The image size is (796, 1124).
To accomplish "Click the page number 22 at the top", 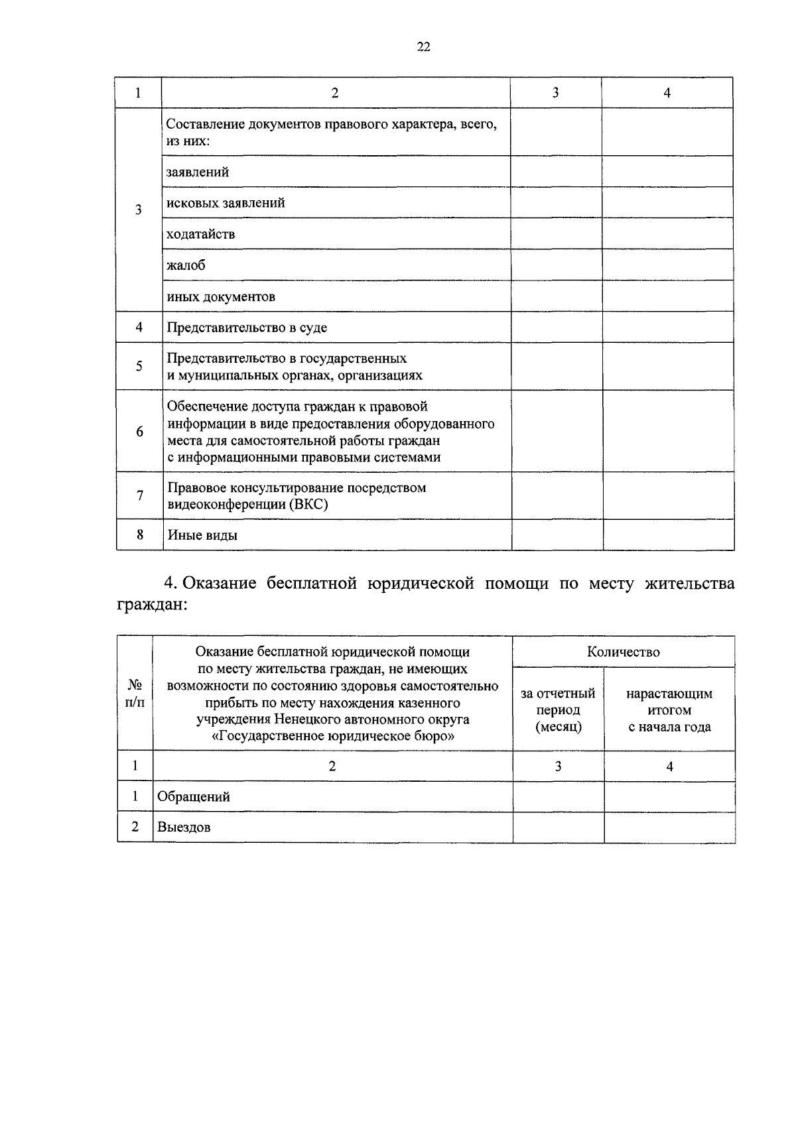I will pos(424,46).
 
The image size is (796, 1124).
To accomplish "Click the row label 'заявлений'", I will pos(198,172).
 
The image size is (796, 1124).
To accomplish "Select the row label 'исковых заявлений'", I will pos(226,203).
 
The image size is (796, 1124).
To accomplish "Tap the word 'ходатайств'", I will pos(200,234).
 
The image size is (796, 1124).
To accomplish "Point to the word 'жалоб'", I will pos(186,265).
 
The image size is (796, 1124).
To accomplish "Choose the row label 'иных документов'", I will pos(221,296).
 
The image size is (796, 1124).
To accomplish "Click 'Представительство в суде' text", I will pos(247,328).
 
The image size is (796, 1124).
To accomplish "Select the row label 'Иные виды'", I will pos(202,535).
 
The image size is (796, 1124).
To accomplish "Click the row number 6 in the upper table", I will pos(139,432).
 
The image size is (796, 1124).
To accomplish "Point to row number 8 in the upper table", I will pos(139,534).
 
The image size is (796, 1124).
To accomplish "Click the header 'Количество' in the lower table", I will pos(624,652).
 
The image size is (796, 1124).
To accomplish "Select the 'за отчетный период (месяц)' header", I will pos(558,710).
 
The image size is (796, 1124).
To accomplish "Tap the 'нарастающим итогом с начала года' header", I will pos(669,710).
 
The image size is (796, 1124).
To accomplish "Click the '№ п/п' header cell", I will pos(135,694).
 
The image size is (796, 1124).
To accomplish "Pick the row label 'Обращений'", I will pos(194,797).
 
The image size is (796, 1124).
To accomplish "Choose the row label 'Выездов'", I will pos(184,828).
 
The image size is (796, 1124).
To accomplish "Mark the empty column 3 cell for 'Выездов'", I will pos(558,828).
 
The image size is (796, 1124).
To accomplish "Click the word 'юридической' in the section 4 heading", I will pos(419,584).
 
